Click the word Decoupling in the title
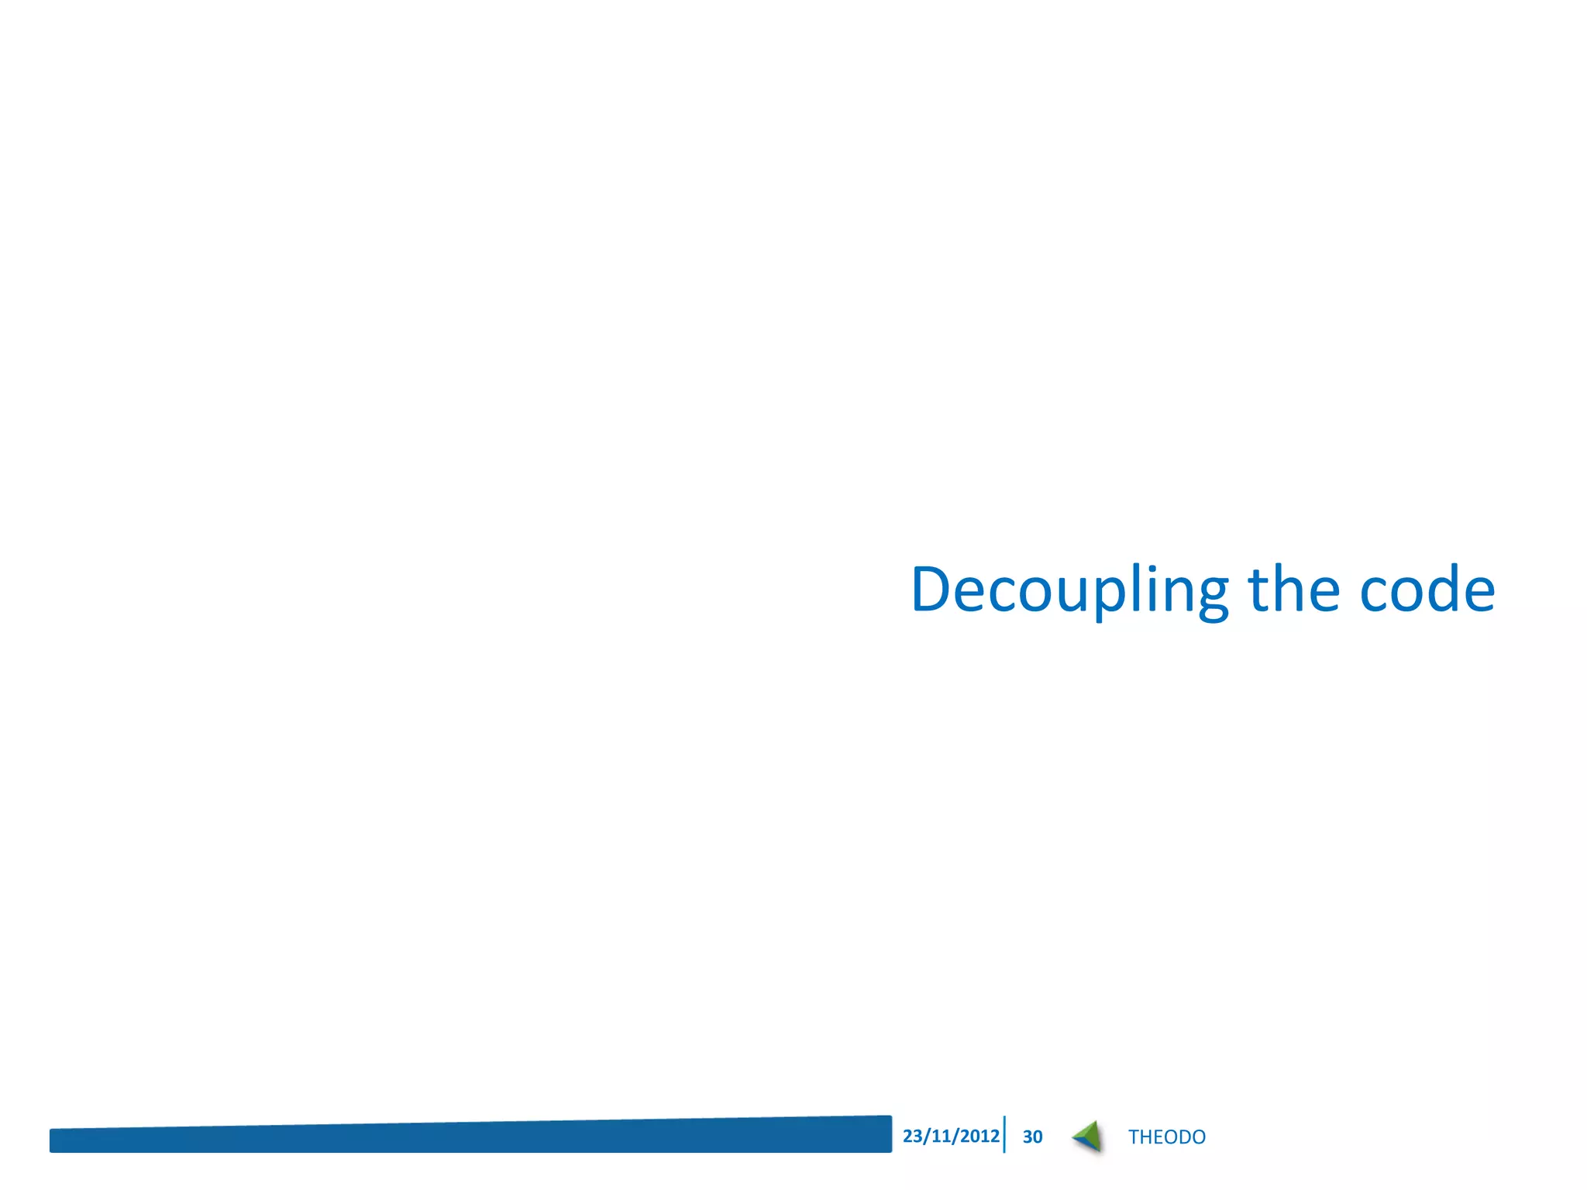tap(1069, 590)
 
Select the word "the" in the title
tap(1293, 590)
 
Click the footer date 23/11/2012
tap(951, 1136)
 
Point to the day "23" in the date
tap(912, 1136)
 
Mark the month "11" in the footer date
tap(941, 1136)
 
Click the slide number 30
tap(1032, 1137)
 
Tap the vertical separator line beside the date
tap(1004, 1134)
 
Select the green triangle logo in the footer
tap(1088, 1137)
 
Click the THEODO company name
tap(1166, 1137)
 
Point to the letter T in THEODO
tap(1134, 1137)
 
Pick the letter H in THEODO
tap(1146, 1137)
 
